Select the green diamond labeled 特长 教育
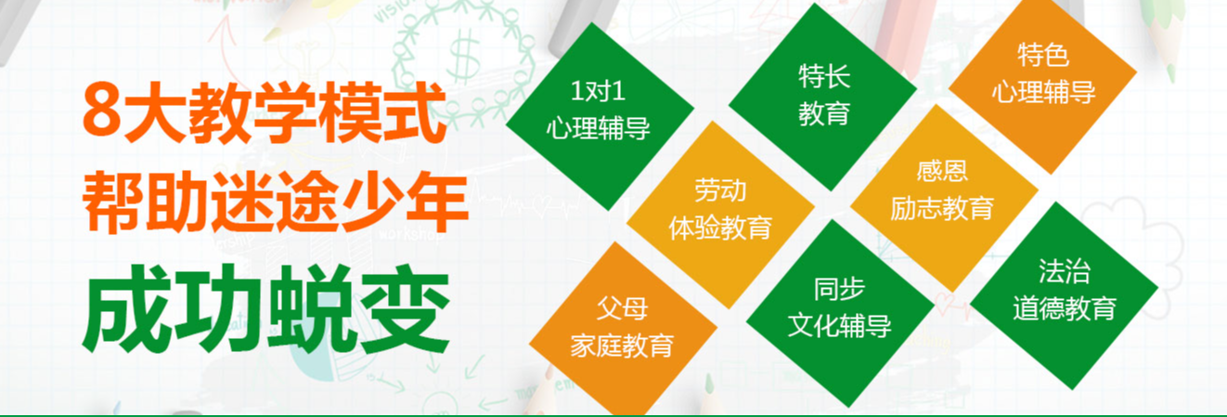tap(823, 95)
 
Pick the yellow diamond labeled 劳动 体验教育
tap(719, 210)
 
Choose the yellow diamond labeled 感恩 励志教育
tap(942, 190)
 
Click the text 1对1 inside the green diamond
tap(598, 93)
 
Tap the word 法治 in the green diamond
tap(1065, 272)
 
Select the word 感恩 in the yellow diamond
tap(942, 173)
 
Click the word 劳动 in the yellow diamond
tap(719, 192)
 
